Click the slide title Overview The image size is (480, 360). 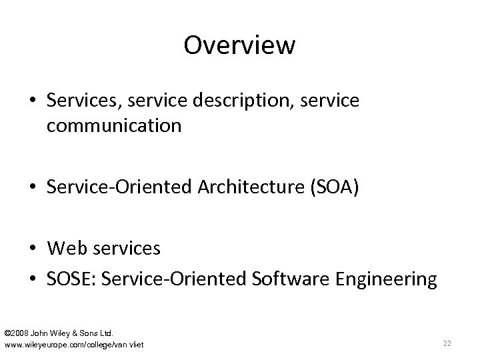click(x=239, y=46)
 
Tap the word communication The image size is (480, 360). click(x=114, y=125)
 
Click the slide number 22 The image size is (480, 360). click(x=447, y=343)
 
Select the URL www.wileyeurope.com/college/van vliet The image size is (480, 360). click(x=74, y=344)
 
